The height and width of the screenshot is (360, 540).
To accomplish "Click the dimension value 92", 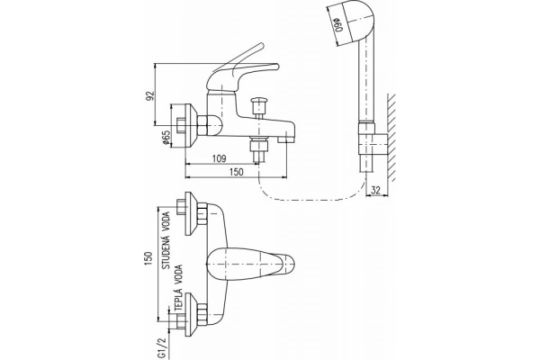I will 156,95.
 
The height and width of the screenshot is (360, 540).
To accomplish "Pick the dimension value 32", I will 376,189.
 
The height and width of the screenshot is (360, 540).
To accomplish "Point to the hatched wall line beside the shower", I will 394,126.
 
